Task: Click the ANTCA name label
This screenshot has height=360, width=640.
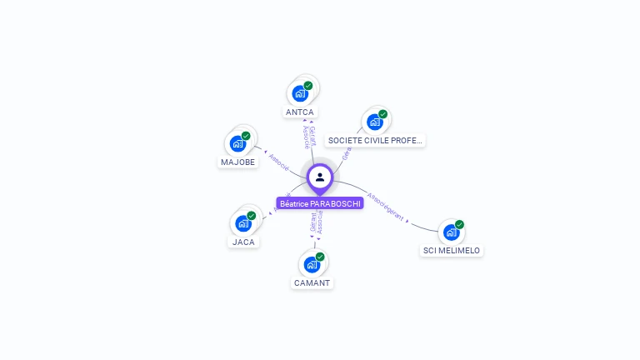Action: coord(300,112)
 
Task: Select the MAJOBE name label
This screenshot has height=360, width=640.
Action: coord(238,162)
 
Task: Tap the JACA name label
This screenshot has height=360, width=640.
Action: coord(243,242)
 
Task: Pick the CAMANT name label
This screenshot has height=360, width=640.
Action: coord(312,282)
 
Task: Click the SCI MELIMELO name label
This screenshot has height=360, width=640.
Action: coord(452,250)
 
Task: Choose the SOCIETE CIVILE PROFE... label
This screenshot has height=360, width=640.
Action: coord(375,141)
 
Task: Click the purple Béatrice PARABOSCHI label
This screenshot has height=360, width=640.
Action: coord(320,203)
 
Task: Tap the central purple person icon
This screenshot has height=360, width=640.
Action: coord(320,177)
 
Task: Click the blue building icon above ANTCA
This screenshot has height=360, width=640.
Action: coord(300,93)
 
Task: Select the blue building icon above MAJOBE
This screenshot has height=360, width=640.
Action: coord(238,143)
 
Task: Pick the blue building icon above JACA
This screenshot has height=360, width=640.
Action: coord(242,223)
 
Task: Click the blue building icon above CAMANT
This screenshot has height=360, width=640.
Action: coord(312,265)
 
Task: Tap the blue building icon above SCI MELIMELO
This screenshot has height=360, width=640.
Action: coord(451,232)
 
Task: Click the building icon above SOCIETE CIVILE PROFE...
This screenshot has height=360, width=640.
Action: coord(374,122)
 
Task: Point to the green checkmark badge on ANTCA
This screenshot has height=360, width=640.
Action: coord(308,86)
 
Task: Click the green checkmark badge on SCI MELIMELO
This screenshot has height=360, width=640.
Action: coord(459,225)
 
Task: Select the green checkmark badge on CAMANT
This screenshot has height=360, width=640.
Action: coord(320,257)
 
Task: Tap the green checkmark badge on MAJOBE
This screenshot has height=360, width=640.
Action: coord(246,136)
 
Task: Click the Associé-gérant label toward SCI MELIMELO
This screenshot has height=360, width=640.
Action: coord(385,206)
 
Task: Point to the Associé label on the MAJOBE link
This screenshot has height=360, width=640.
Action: coord(279,162)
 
